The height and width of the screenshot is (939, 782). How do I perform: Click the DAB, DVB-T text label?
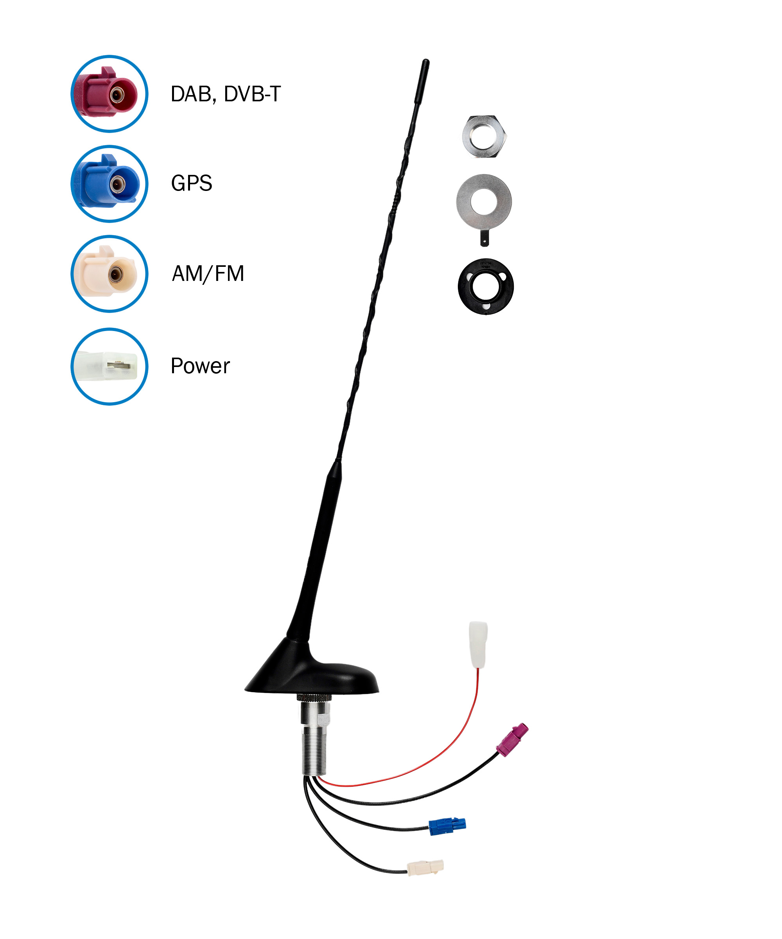click(x=226, y=94)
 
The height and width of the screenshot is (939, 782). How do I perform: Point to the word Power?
click(x=200, y=366)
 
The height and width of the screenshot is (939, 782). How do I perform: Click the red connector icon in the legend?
click(x=109, y=94)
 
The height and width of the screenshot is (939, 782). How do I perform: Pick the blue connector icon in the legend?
click(x=109, y=184)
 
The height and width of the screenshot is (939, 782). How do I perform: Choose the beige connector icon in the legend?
click(x=109, y=273)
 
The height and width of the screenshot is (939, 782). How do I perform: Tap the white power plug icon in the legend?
click(x=109, y=366)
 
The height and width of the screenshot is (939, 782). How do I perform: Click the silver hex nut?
click(x=484, y=137)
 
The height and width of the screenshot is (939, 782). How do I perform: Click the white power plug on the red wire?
click(x=478, y=644)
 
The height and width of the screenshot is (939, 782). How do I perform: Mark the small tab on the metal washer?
click(x=484, y=238)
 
